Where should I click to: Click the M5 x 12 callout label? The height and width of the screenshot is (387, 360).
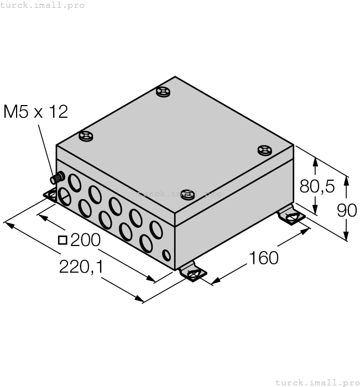tap(36, 112)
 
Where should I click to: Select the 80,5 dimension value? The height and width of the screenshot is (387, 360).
tap(317, 187)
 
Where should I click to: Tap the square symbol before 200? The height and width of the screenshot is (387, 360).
tap(62, 240)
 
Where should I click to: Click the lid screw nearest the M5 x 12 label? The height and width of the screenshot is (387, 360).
tap(86, 135)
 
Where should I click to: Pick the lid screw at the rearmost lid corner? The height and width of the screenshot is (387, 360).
tap(163, 92)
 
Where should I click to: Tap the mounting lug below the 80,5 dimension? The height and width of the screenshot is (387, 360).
tap(291, 217)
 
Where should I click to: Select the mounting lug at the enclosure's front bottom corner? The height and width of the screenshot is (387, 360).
tap(192, 273)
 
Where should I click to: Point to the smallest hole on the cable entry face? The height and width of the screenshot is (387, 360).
tap(166, 255)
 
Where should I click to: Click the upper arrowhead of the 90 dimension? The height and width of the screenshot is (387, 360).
tap(347, 181)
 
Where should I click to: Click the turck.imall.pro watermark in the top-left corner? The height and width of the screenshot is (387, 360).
tap(43, 5)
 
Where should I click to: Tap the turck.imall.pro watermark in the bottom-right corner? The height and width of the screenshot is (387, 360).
tap(317, 382)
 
